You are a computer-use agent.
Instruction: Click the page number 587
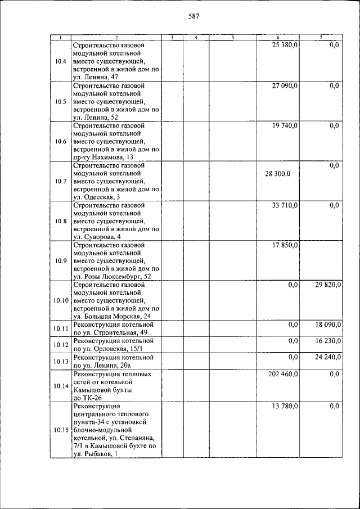[x=193, y=16]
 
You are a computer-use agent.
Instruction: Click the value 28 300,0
[x=277, y=174]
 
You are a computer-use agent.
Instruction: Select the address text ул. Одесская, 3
[x=96, y=197]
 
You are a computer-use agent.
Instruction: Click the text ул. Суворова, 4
[x=96, y=237]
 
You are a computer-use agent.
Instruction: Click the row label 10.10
[x=61, y=301]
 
